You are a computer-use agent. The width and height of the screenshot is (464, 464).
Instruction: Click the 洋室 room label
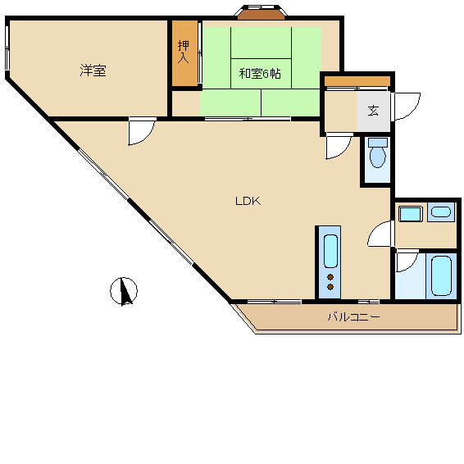[93, 71]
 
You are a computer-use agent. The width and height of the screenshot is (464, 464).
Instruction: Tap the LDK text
[248, 201]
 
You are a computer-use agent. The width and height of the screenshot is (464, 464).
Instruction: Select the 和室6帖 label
[260, 74]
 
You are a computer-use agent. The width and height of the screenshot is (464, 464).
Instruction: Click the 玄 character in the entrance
[373, 111]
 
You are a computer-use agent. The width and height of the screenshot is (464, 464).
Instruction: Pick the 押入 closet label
[183, 52]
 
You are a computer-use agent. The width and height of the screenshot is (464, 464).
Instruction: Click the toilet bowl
[378, 157]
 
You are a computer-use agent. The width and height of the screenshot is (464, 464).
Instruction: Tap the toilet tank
[378, 143]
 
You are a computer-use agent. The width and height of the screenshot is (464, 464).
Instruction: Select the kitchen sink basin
[330, 251]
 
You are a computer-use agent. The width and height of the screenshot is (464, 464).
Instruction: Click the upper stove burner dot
[330, 277]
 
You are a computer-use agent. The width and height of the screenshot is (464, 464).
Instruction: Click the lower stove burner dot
[330, 286]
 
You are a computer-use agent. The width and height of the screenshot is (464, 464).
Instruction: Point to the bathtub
[441, 275]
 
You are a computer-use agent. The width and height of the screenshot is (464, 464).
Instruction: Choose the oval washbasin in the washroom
[441, 212]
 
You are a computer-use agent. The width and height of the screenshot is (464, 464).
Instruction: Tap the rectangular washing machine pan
[411, 214]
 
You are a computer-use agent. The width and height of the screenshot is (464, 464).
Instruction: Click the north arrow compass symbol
[124, 291]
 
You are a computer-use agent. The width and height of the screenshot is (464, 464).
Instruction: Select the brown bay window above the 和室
[261, 15]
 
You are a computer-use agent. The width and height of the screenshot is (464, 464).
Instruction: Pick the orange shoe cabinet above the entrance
[357, 81]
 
